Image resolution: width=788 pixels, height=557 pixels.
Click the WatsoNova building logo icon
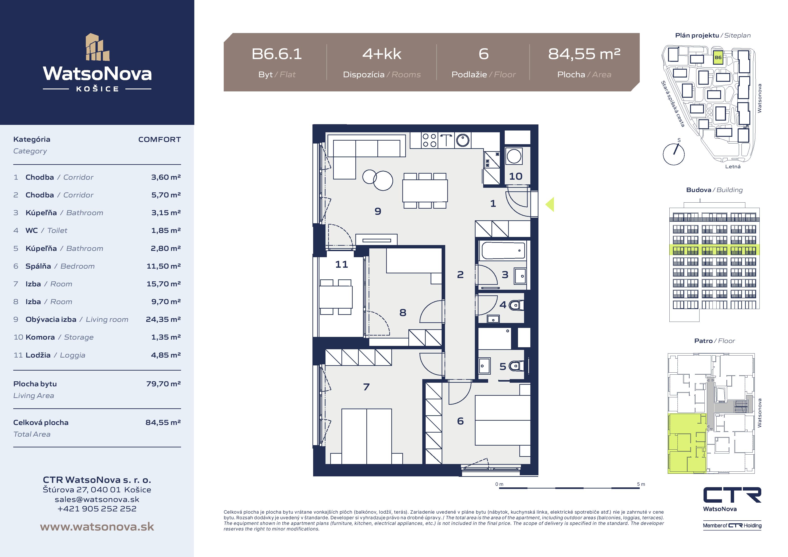coord(97,47)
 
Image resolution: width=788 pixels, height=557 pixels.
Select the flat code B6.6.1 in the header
coord(277,54)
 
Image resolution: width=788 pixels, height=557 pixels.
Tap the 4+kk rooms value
coord(382,54)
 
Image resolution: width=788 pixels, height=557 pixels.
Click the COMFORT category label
coord(159,139)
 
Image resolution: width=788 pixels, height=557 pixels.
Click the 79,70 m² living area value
coord(163,384)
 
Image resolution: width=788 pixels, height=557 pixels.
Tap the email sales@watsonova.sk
coord(97,499)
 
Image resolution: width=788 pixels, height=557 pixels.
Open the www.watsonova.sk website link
coord(97,527)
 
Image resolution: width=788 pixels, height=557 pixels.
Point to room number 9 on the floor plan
coord(378,211)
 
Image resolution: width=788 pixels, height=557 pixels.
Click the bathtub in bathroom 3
coord(503,250)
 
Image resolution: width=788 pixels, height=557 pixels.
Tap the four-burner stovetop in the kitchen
coord(429,140)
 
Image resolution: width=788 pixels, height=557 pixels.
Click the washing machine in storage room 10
coord(514,157)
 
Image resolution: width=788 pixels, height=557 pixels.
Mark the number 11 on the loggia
coord(341,264)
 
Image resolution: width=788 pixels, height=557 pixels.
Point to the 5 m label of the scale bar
coord(641,484)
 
